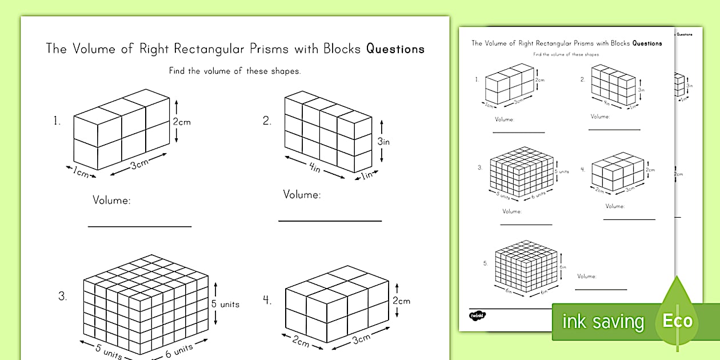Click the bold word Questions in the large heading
395,49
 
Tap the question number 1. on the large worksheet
57,121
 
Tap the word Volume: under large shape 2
302,195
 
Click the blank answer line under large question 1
139,226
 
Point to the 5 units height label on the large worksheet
225,304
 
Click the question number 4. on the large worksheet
267,300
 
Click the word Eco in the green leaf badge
677,321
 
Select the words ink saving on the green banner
602,322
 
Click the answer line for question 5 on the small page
600,289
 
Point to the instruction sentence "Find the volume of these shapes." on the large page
234,71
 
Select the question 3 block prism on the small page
521,170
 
